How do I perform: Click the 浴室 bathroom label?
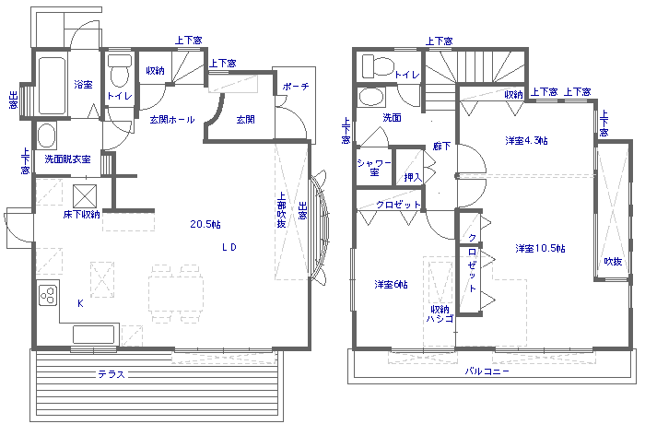pyautogui.click(x=83, y=85)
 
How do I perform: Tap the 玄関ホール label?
pyautogui.click(x=165, y=119)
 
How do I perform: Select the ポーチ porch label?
pyautogui.click(x=298, y=87)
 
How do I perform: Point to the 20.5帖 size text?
pyautogui.click(x=205, y=224)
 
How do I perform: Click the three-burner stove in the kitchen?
pyautogui.click(x=48, y=296)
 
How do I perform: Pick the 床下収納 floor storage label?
pyautogui.click(x=81, y=215)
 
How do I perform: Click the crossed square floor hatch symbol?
pyautogui.click(x=86, y=194)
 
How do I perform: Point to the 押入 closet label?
pyautogui.click(x=412, y=176)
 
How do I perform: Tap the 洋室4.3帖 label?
pyautogui.click(x=527, y=141)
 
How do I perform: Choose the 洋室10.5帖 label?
pyautogui.click(x=540, y=249)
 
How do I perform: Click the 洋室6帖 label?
pyautogui.click(x=391, y=284)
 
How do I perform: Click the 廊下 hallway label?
pyautogui.click(x=440, y=147)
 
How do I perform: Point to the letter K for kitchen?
pyautogui.click(x=80, y=302)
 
